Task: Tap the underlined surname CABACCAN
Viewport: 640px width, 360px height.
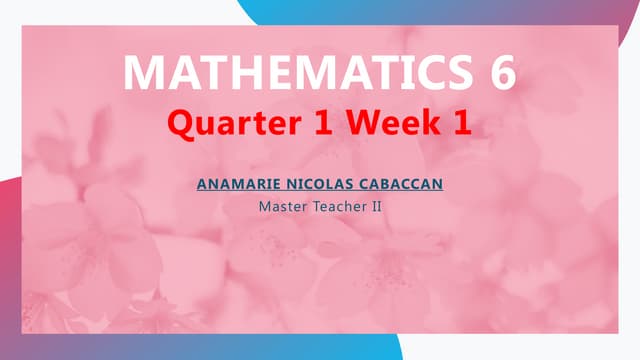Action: (393, 184)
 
